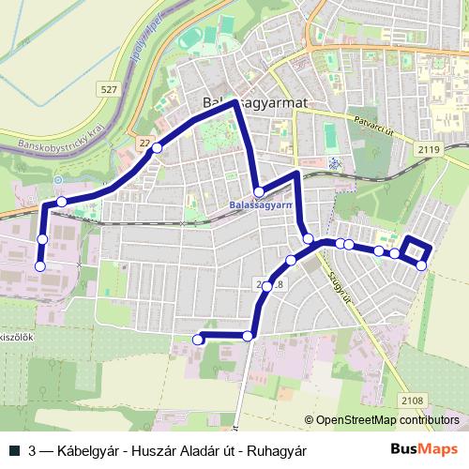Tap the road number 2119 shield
pyautogui.click(x=429, y=148)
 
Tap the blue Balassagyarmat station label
pyautogui.click(x=262, y=204)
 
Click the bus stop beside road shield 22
pyautogui.click(x=157, y=147)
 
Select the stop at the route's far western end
pyautogui.click(x=39, y=266)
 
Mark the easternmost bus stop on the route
pyautogui.click(x=421, y=265)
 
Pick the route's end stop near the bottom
pyautogui.click(x=198, y=339)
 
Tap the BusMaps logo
pyautogui.click(x=425, y=450)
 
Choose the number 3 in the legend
pyautogui.click(x=34, y=450)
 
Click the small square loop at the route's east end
pyautogui.click(x=416, y=250)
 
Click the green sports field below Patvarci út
pyautogui.click(x=330, y=137)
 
